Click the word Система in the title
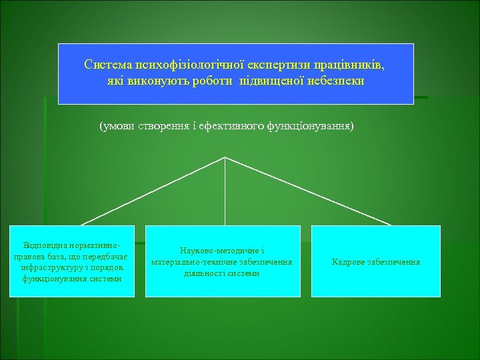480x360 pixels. pos(107,65)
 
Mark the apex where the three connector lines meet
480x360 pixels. pos(225,157)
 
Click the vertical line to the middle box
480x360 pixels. pos(225,193)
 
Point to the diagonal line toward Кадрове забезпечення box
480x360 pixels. pos(307,191)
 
